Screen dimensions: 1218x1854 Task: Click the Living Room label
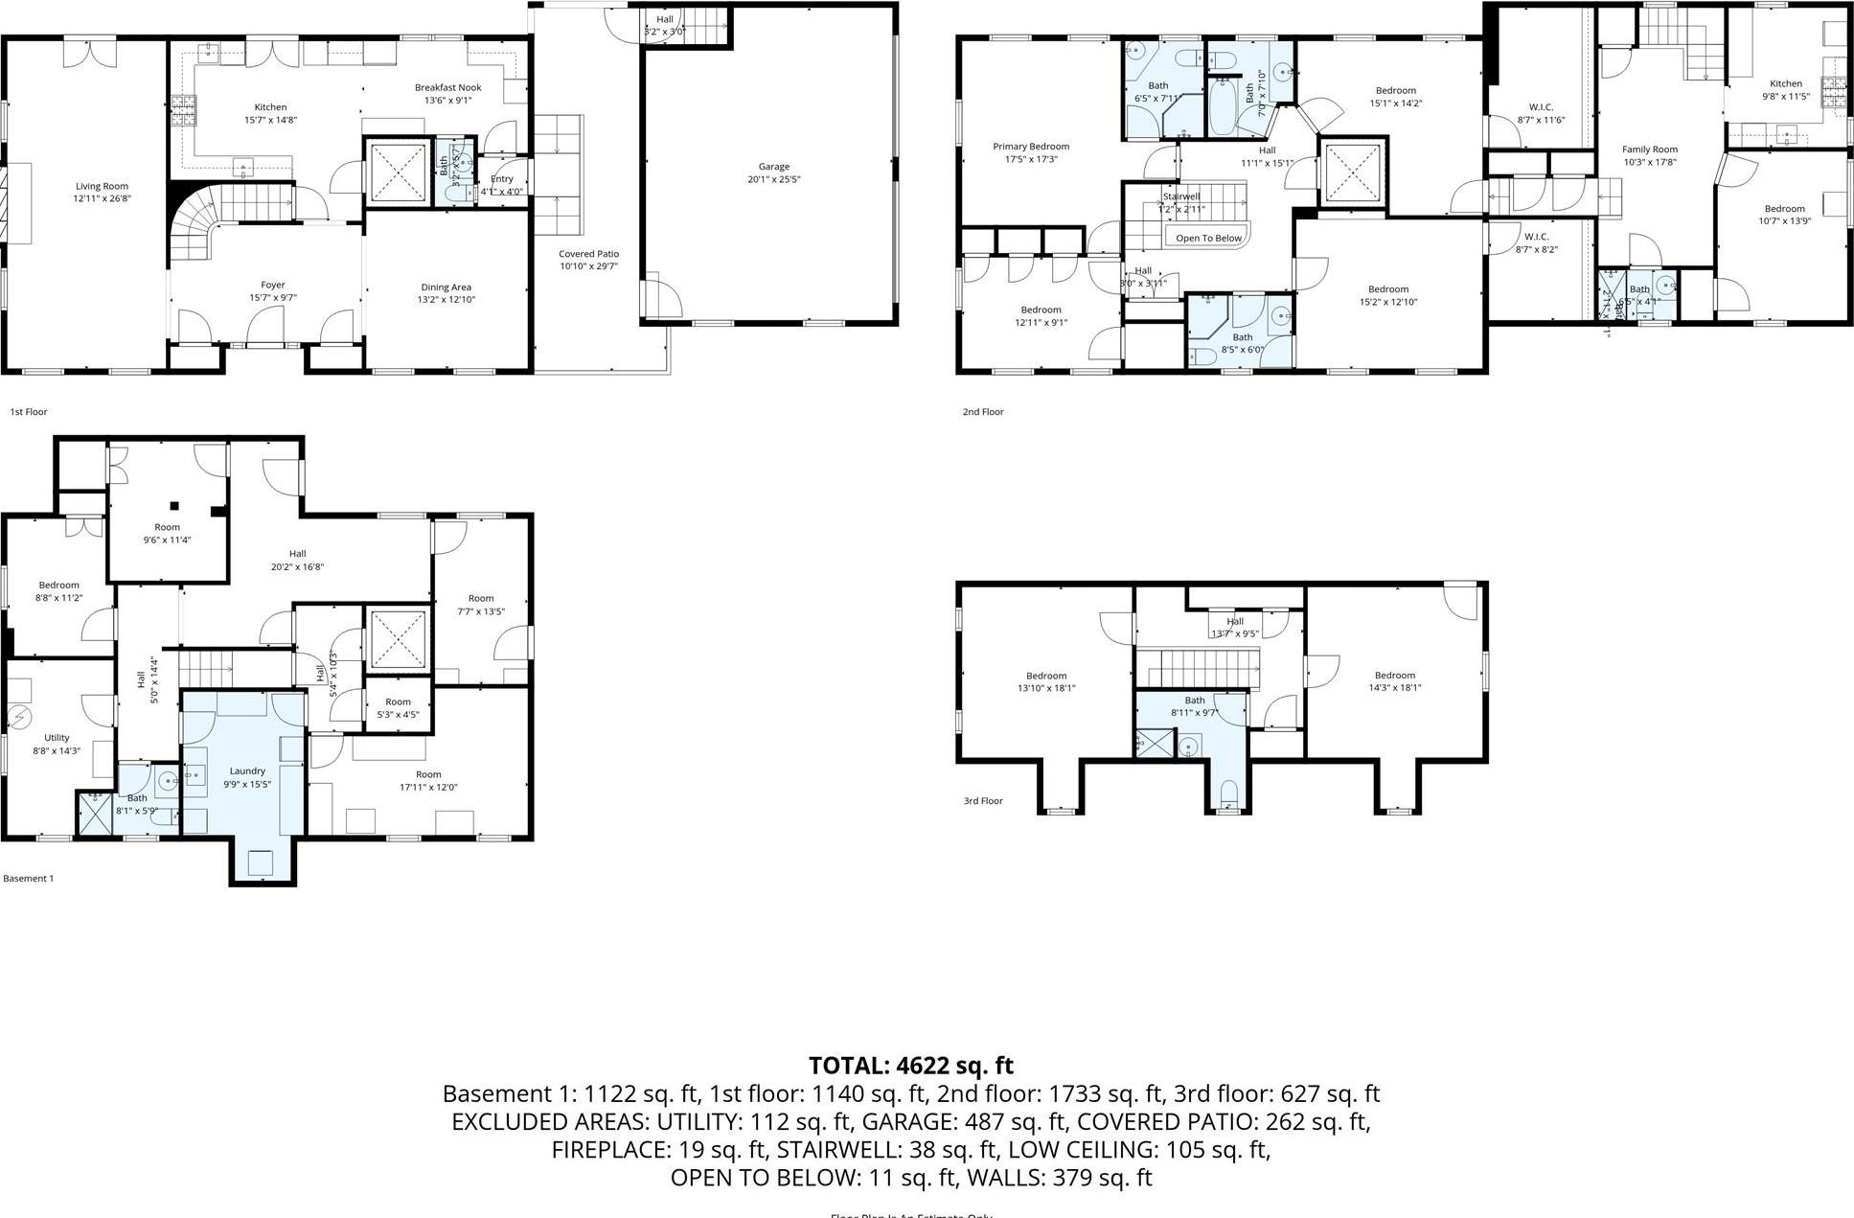coord(102,187)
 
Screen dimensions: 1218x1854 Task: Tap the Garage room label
coord(773,167)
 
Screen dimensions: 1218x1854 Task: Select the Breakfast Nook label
coord(447,87)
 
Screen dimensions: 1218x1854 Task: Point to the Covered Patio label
coord(588,254)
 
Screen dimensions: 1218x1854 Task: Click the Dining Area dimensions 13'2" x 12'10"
coord(446,300)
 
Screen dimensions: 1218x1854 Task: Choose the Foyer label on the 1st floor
coord(273,285)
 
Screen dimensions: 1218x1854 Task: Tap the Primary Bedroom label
coord(1031,147)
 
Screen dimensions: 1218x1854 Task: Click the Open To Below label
coord(1208,238)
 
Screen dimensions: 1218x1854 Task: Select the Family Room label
coord(1649,149)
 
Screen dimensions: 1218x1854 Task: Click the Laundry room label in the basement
coord(247,770)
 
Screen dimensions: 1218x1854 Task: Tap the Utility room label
coord(57,738)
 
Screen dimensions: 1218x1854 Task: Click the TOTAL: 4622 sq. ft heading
coord(910,1065)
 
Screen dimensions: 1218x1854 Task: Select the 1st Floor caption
coord(28,412)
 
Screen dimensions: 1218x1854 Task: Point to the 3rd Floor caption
coord(983,801)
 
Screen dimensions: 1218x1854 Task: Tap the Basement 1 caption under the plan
coord(29,879)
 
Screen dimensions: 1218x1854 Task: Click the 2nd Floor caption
coord(983,412)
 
